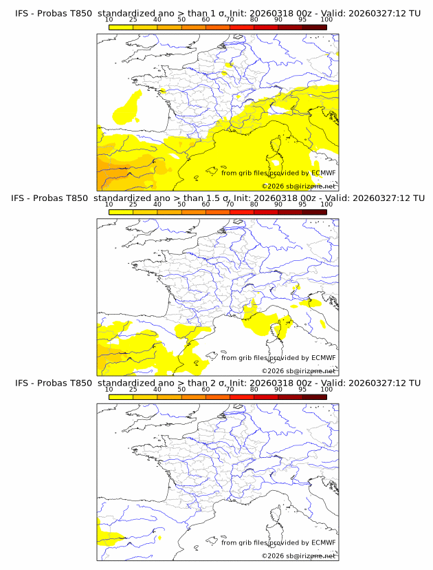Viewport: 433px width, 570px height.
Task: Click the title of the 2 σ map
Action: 217,383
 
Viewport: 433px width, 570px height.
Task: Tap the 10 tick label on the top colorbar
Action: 109,20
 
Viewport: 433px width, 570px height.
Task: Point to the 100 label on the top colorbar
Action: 326,20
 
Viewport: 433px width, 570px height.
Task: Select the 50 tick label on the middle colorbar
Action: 181,204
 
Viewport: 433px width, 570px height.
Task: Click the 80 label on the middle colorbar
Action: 254,204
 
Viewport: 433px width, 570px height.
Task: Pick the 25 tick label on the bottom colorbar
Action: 133,389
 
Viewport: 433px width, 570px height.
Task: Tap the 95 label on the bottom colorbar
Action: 302,389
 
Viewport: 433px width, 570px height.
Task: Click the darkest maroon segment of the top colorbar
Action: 314,27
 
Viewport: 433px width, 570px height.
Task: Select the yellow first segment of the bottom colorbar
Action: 120,397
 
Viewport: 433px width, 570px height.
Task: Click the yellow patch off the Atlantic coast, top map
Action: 124,107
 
